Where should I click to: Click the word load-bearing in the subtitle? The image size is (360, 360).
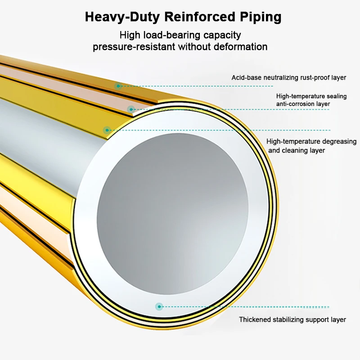pos(174,35)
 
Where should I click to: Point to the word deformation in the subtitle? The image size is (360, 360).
pos(240,47)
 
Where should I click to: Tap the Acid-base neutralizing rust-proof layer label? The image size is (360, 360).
pos(289,77)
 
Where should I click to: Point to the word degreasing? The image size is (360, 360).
pos(338,142)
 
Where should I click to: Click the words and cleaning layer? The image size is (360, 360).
pos(297,151)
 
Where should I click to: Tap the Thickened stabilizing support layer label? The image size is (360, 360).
pos(292,320)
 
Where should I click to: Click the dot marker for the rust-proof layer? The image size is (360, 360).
pos(118,85)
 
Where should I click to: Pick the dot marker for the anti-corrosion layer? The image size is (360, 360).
pos(131,109)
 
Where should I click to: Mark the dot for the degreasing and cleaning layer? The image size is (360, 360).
pos(107,130)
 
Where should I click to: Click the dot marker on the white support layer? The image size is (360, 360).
pos(159,306)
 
